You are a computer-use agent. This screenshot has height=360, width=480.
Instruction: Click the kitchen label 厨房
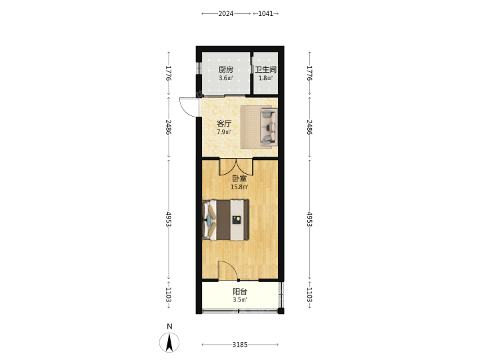point(225,70)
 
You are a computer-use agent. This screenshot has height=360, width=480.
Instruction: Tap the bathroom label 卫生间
point(266,70)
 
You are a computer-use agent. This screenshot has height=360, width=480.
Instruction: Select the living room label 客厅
point(224,124)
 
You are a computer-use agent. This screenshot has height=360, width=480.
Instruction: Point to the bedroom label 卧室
point(239,179)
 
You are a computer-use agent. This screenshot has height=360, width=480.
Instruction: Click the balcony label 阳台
point(240,291)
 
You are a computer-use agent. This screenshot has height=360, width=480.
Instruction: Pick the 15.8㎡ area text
point(239,187)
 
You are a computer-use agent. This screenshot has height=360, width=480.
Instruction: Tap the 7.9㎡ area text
point(224,132)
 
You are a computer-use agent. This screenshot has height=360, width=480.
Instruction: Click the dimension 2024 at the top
point(225,13)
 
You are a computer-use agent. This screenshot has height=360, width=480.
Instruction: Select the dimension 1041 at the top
point(265,13)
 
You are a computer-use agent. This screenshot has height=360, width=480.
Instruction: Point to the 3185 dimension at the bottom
point(240,345)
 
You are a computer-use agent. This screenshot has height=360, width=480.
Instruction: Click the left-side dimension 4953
point(168,219)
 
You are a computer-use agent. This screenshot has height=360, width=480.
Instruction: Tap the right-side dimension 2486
point(309,127)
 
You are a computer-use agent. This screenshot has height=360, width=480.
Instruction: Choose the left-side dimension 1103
point(168,295)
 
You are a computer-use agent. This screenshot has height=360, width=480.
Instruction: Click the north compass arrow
point(169,343)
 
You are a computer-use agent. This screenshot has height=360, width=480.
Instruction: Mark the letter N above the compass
point(169,326)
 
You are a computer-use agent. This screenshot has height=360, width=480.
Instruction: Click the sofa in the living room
point(269,127)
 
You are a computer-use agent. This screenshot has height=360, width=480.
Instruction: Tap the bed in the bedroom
point(225,220)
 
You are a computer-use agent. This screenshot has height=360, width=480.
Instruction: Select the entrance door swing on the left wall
point(189,107)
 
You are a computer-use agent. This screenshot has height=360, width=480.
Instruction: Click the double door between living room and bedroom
point(236,167)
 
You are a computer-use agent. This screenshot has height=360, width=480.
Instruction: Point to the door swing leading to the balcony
point(229,271)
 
